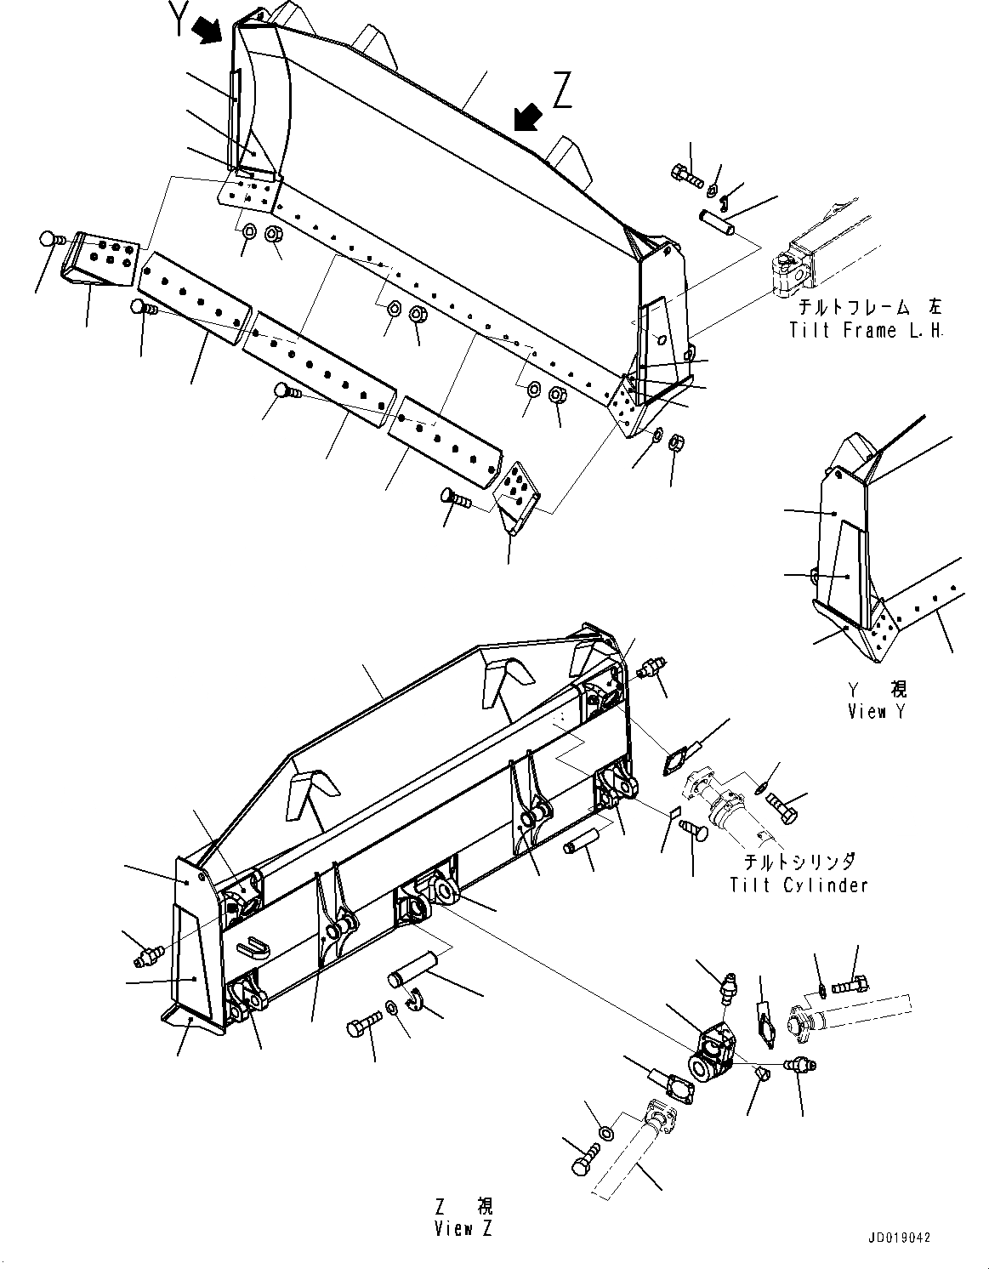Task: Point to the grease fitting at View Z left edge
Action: [x=146, y=957]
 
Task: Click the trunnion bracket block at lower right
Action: [x=712, y=1053]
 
